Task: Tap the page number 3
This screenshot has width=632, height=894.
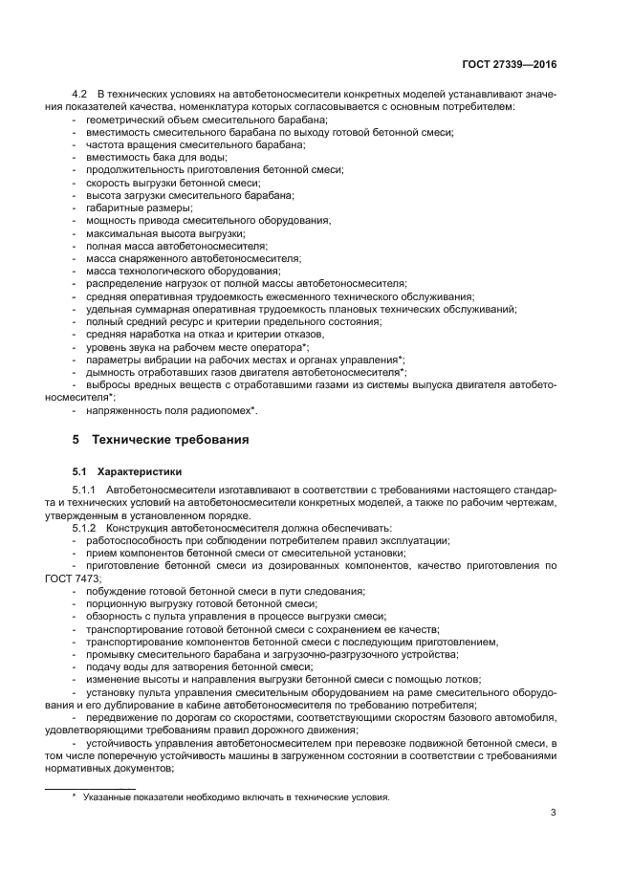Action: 554,813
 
